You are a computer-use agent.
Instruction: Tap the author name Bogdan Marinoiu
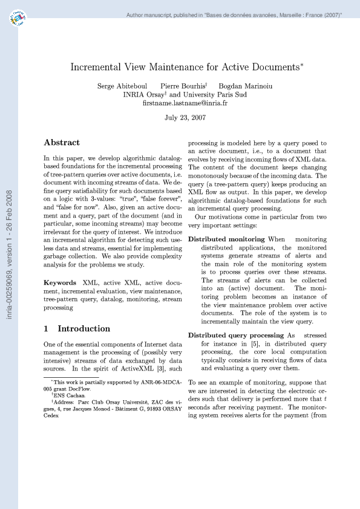[245, 86]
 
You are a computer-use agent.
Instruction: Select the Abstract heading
[62, 143]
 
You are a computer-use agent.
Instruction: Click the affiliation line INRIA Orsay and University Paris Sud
[185, 95]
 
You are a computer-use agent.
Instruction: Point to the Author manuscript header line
[234, 14]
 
